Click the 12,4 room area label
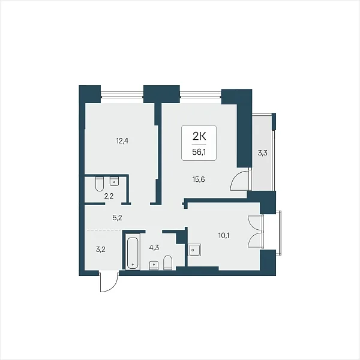click(122, 141)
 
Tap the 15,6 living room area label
click(199, 179)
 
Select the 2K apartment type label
click(199, 137)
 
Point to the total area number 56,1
click(199, 152)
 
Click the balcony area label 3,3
click(262, 153)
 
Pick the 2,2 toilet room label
click(109, 196)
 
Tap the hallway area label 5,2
click(117, 218)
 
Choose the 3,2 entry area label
click(101, 250)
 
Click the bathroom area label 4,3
click(154, 248)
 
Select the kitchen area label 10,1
click(224, 235)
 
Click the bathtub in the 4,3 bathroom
click(133, 252)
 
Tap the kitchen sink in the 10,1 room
click(194, 250)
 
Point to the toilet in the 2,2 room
click(100, 184)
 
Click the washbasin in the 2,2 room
click(115, 181)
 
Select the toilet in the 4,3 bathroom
click(167, 263)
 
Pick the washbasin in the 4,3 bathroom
click(154, 265)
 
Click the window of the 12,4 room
click(122, 94)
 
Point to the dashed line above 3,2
click(104, 230)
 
